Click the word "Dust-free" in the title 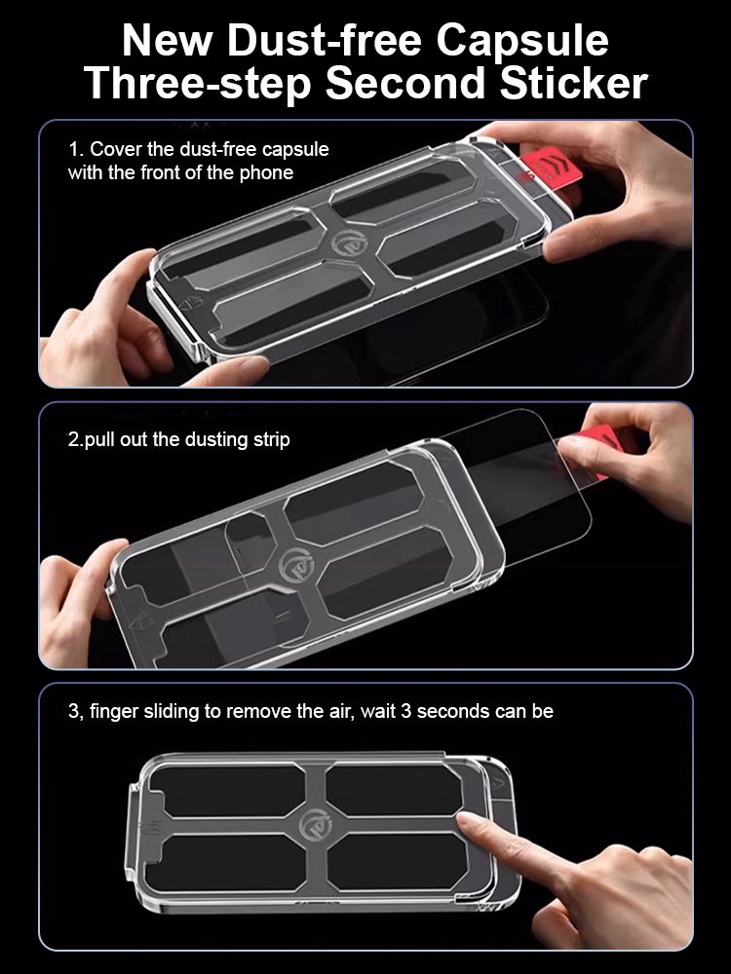327,41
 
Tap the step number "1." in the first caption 76,150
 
